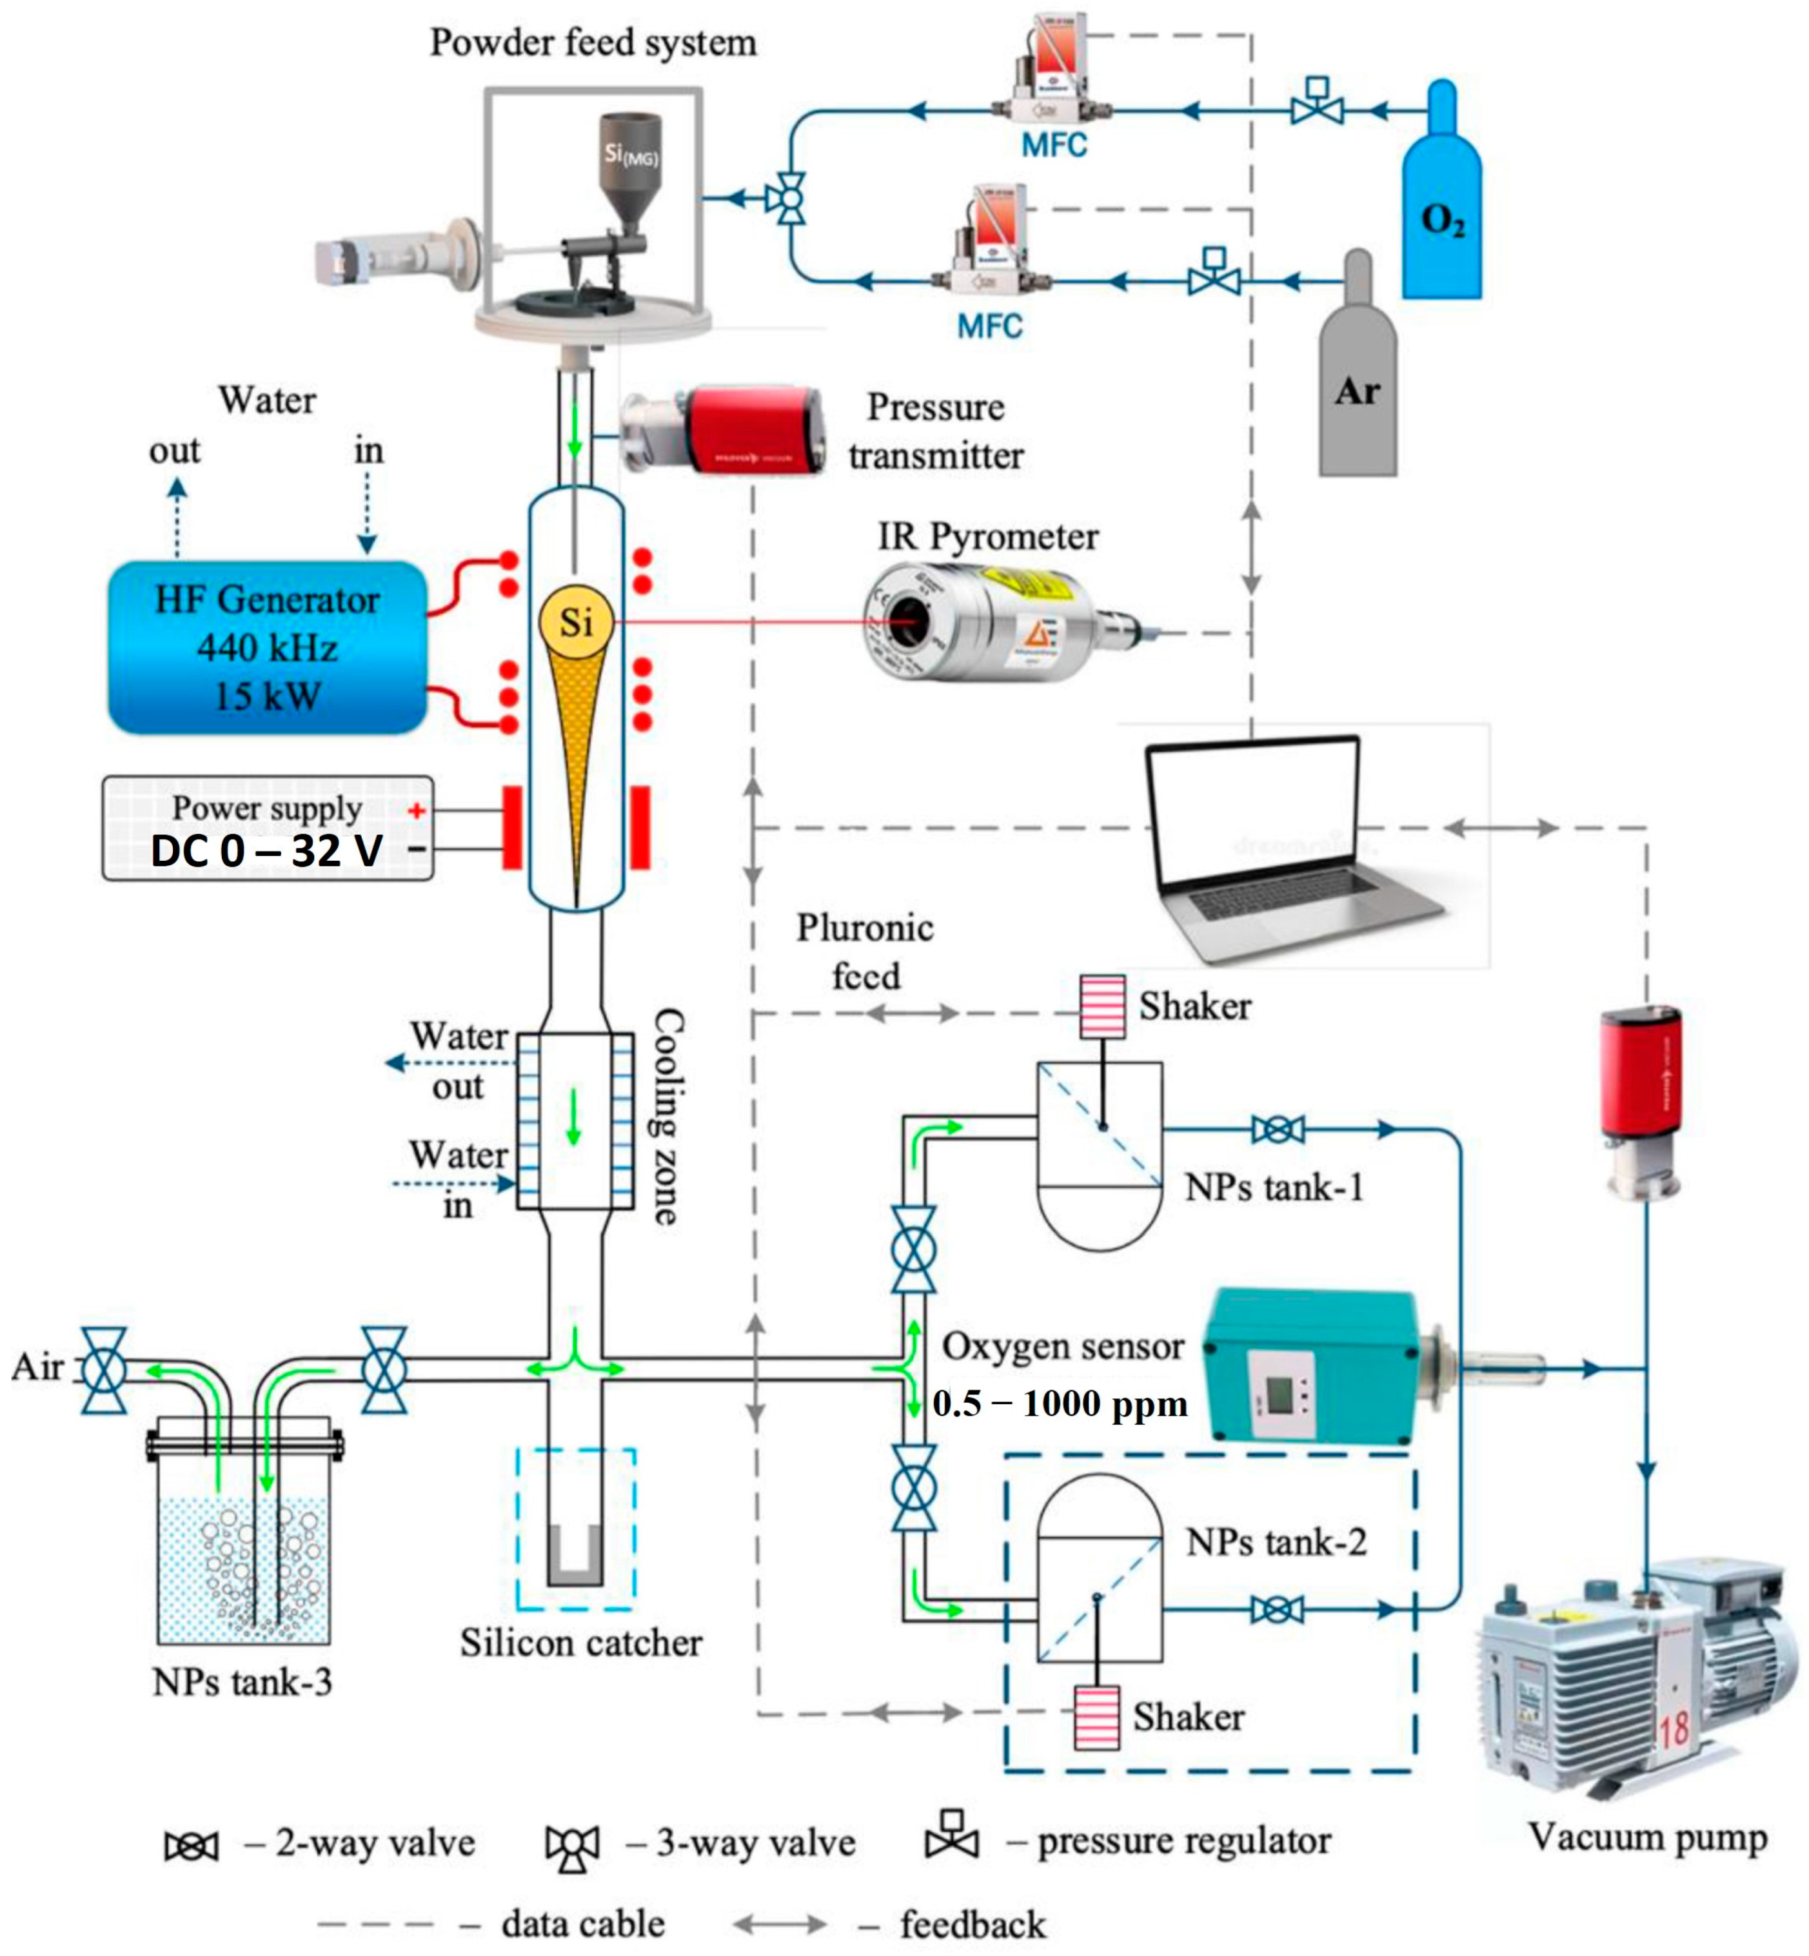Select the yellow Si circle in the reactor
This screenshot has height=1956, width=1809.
click(577, 621)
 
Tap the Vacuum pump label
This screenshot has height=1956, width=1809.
click(1648, 1837)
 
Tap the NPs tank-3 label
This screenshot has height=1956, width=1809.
click(242, 1682)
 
